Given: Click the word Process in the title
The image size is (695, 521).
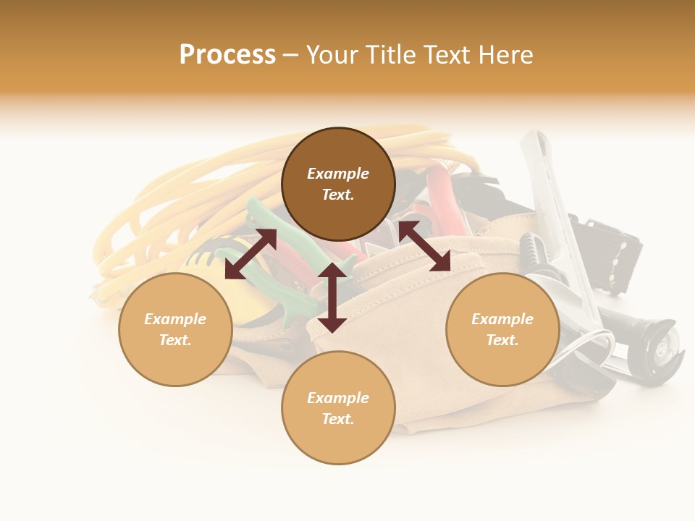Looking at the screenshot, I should [x=227, y=55].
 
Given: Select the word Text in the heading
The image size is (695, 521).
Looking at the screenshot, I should [x=447, y=55].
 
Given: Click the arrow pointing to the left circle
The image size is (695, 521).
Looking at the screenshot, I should [x=250, y=253].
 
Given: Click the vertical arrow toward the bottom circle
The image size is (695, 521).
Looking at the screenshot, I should [x=332, y=297].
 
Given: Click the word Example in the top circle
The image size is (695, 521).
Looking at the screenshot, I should [x=338, y=174].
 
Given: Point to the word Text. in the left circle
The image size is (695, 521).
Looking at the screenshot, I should [x=175, y=340].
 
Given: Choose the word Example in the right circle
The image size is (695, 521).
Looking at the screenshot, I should [x=502, y=319].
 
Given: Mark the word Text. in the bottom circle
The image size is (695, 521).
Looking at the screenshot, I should [x=338, y=419].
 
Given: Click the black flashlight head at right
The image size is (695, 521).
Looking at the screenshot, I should [x=655, y=347].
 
